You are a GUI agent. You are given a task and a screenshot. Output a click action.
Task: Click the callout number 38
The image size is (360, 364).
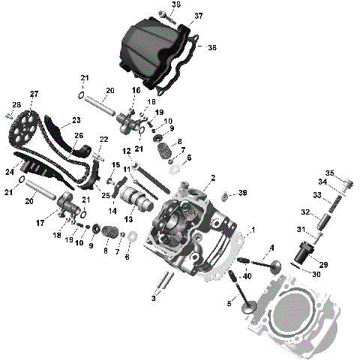(x=175, y=5)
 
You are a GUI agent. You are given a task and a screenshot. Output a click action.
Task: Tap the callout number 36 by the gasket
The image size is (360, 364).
(x=211, y=47)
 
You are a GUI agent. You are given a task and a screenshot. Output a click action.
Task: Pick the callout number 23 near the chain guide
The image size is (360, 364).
(x=76, y=120)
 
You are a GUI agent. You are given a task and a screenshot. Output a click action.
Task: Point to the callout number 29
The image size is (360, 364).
(x=325, y=265)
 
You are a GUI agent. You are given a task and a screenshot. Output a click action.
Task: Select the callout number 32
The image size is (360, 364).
(x=305, y=212)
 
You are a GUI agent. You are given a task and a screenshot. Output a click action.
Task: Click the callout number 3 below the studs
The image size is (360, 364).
(x=154, y=299)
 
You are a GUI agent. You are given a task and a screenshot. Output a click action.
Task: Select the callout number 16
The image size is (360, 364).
(x=136, y=90)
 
